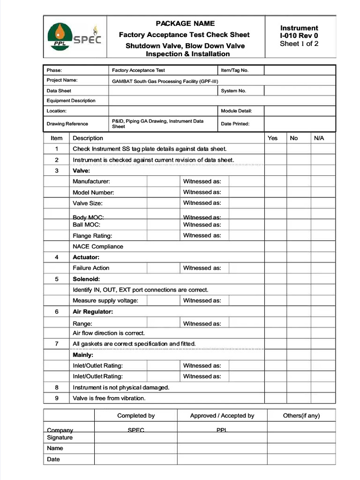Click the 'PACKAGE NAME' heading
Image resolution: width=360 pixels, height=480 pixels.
coord(185,23)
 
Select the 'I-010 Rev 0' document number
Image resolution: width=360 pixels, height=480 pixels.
coord(299,36)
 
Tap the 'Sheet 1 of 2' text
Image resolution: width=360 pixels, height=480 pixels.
coord(299,44)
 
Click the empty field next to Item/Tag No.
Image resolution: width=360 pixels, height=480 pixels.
coord(300,70)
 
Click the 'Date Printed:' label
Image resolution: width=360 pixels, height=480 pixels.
coord(235,124)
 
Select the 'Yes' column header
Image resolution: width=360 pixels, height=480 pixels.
coord(272,138)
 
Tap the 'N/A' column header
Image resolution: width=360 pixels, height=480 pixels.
coord(319,138)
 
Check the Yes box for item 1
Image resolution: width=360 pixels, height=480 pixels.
coord(275,149)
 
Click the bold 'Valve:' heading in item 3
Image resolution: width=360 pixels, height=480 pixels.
coord(81,171)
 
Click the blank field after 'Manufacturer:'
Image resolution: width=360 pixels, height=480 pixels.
coord(164,181)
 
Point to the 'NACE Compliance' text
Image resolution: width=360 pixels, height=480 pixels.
coord(98,247)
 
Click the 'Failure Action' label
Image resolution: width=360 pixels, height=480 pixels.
coord(91,268)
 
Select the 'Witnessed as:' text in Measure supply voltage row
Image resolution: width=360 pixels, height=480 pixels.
coord(202,300)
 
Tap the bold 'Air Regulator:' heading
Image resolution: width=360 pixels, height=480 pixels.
coord(93,312)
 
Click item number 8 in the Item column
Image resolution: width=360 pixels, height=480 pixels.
coord(57,388)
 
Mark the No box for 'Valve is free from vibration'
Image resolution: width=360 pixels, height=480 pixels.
coord(298,398)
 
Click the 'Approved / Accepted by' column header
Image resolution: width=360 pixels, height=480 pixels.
coord(222,416)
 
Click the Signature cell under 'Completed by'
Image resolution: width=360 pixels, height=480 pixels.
coord(135,438)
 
